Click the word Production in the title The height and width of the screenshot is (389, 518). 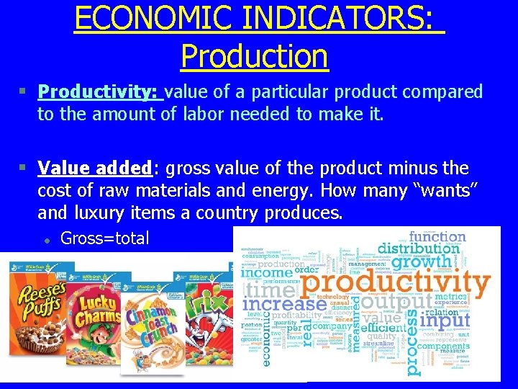(254, 55)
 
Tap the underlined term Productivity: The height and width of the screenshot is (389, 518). (100, 92)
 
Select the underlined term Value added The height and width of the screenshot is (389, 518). (94, 168)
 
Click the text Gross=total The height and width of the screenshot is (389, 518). (105, 238)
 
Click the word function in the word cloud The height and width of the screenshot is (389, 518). (437, 236)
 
